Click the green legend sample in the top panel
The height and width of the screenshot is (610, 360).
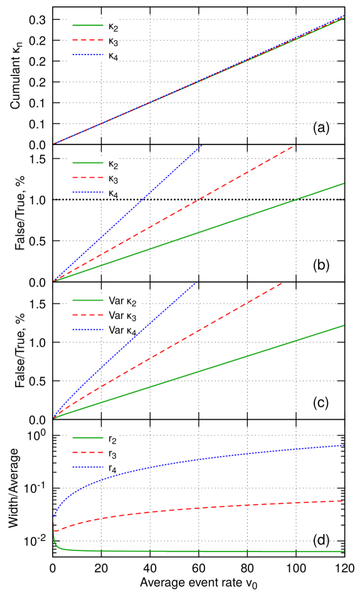click(x=88, y=25)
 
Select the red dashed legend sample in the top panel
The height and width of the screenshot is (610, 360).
click(x=88, y=40)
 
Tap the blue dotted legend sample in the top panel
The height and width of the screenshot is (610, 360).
click(x=88, y=55)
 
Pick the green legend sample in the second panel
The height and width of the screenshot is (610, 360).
click(x=88, y=163)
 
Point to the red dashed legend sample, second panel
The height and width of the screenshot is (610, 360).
click(x=88, y=178)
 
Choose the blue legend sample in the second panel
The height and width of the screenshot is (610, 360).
click(x=88, y=192)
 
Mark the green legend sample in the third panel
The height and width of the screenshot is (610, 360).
click(x=88, y=300)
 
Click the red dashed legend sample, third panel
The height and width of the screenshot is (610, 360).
click(x=88, y=315)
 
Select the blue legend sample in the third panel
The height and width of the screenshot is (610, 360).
click(x=88, y=329)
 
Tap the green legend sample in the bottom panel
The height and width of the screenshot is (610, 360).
click(x=88, y=437)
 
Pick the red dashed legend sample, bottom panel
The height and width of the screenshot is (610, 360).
click(x=88, y=452)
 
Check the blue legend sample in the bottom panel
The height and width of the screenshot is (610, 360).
click(x=88, y=467)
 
